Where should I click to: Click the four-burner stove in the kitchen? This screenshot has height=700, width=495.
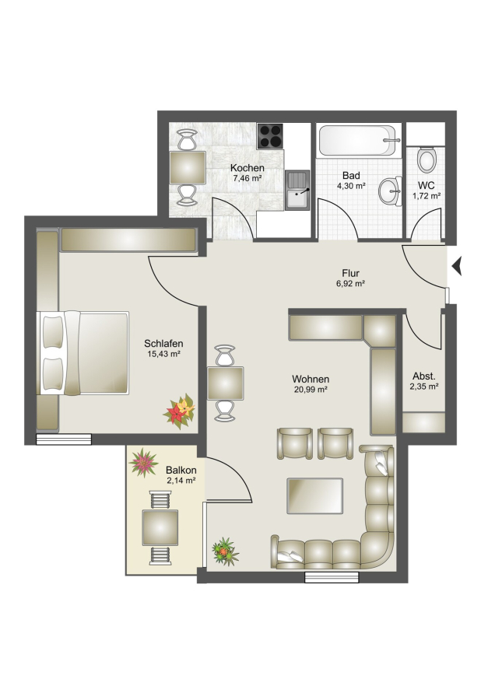click(x=270, y=136)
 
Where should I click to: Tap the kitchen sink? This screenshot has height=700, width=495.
click(x=297, y=190)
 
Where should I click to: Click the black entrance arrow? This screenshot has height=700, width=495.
click(x=456, y=267)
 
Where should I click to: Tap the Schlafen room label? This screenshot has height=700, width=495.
click(x=163, y=343)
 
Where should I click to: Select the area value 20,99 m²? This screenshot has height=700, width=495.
click(x=311, y=389)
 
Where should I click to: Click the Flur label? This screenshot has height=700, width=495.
click(x=351, y=273)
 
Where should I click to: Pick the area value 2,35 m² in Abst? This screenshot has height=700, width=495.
click(x=424, y=386)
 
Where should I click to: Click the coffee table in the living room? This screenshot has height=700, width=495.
click(x=315, y=495)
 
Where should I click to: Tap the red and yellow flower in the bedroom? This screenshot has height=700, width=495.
click(x=180, y=411)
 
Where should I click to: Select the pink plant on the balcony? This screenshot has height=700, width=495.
click(x=143, y=463)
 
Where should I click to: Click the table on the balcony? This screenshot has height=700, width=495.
click(x=160, y=527)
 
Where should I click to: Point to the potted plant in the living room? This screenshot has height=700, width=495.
click(x=226, y=551)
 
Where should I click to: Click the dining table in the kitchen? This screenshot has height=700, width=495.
click(x=188, y=167)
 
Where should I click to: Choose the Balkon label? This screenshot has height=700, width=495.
click(x=181, y=470)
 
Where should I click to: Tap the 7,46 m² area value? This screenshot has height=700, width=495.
click(x=247, y=178)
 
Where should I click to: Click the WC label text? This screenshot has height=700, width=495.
click(x=427, y=185)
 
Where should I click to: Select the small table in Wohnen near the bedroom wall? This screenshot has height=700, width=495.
click(x=226, y=383)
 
